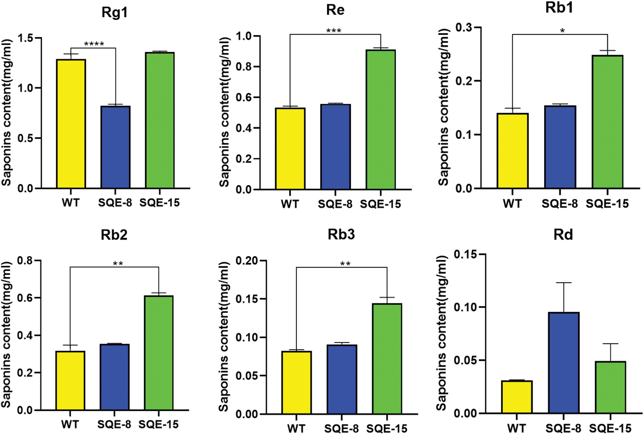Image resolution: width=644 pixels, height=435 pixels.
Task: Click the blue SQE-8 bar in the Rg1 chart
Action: point(115,147)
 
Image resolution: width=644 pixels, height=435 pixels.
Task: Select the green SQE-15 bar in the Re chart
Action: point(380,120)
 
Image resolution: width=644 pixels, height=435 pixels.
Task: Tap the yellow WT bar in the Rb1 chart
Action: point(512,151)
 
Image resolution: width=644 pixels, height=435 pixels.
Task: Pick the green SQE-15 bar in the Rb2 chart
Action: point(159,353)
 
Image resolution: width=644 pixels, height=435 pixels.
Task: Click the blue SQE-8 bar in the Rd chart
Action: point(564,363)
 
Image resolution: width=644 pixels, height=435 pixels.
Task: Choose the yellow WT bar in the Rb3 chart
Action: point(297,382)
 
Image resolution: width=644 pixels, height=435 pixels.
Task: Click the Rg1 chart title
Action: point(115,12)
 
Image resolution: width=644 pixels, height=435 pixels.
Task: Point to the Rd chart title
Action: point(563,234)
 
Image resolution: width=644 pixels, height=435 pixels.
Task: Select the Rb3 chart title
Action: point(341,234)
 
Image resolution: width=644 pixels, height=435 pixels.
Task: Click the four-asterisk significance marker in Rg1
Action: point(94,44)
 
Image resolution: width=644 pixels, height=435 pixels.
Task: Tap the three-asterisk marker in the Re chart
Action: point(333,31)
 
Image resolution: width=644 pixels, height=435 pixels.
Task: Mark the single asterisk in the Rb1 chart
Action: point(563,31)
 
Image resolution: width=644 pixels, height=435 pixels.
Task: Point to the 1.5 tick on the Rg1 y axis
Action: point(26,38)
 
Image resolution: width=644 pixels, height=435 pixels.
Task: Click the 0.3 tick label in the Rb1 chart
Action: point(463,28)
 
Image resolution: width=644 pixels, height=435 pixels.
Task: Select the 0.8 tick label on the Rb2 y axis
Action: point(25,261)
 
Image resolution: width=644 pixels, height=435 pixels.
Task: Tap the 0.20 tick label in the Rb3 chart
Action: point(247,261)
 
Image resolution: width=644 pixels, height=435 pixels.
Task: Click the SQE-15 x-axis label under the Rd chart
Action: point(610,428)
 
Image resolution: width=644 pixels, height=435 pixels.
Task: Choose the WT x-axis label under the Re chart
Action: point(290,204)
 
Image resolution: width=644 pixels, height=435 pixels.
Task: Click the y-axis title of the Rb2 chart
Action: point(7,335)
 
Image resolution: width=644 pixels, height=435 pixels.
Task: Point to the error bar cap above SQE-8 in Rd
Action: point(564,283)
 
